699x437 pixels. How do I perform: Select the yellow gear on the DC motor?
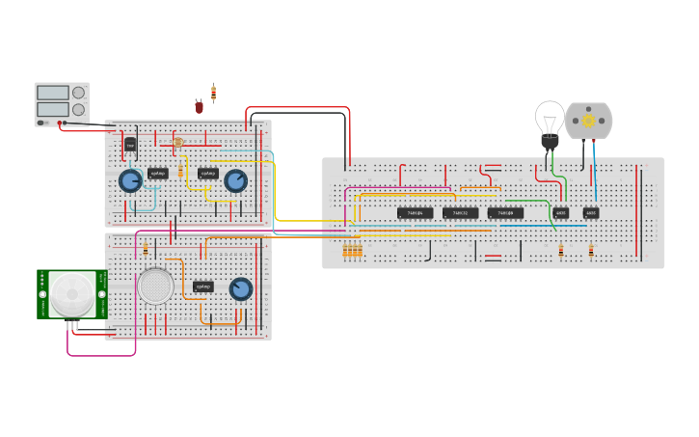tap(588, 121)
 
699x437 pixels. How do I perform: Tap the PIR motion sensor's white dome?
tap(72, 293)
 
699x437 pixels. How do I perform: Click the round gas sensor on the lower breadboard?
tap(155, 286)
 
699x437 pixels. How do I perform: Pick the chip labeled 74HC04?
tap(415, 212)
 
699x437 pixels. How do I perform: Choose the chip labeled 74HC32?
tap(460, 212)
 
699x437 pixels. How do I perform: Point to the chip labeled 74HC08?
tap(505, 212)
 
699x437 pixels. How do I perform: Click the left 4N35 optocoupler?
tap(560, 212)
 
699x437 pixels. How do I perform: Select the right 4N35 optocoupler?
tap(591, 212)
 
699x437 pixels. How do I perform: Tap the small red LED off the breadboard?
tap(200, 107)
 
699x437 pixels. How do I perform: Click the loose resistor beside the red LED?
tap(213, 93)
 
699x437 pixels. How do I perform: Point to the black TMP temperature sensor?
tap(130, 145)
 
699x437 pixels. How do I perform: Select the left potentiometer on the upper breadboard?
tap(130, 180)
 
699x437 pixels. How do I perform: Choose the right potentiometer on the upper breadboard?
tap(235, 180)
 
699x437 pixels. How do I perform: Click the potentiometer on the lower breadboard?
tap(241, 288)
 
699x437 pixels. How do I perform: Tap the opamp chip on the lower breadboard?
tap(202, 287)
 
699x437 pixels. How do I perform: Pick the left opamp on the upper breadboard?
tap(158, 174)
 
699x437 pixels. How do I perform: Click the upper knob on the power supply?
tap(78, 93)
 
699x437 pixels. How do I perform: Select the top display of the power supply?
tap(52, 93)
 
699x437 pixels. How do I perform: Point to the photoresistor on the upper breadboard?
tap(178, 142)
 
